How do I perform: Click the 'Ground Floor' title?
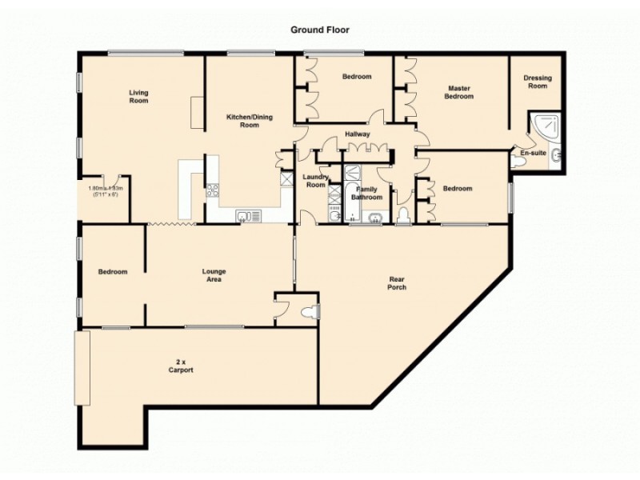pos(319,30)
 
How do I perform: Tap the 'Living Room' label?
pos(138,97)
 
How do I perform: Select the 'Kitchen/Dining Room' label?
pos(250,121)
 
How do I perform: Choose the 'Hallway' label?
pos(357,134)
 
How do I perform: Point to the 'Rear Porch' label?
pos(398,282)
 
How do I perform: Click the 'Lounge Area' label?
pos(214,276)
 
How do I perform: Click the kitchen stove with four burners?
pos(213,190)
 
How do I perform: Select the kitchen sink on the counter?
pos(246,215)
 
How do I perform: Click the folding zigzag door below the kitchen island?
pos(172,224)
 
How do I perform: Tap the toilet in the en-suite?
pos(518,161)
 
